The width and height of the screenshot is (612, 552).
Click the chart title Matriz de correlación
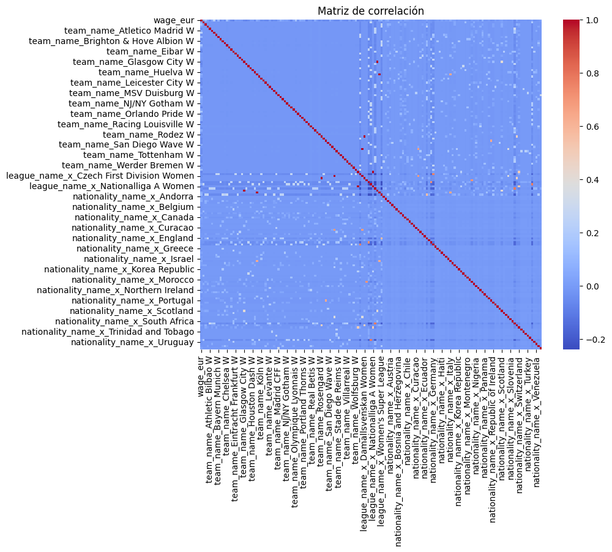(370, 11)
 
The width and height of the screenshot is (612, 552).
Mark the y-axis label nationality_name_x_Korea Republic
(119, 269)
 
